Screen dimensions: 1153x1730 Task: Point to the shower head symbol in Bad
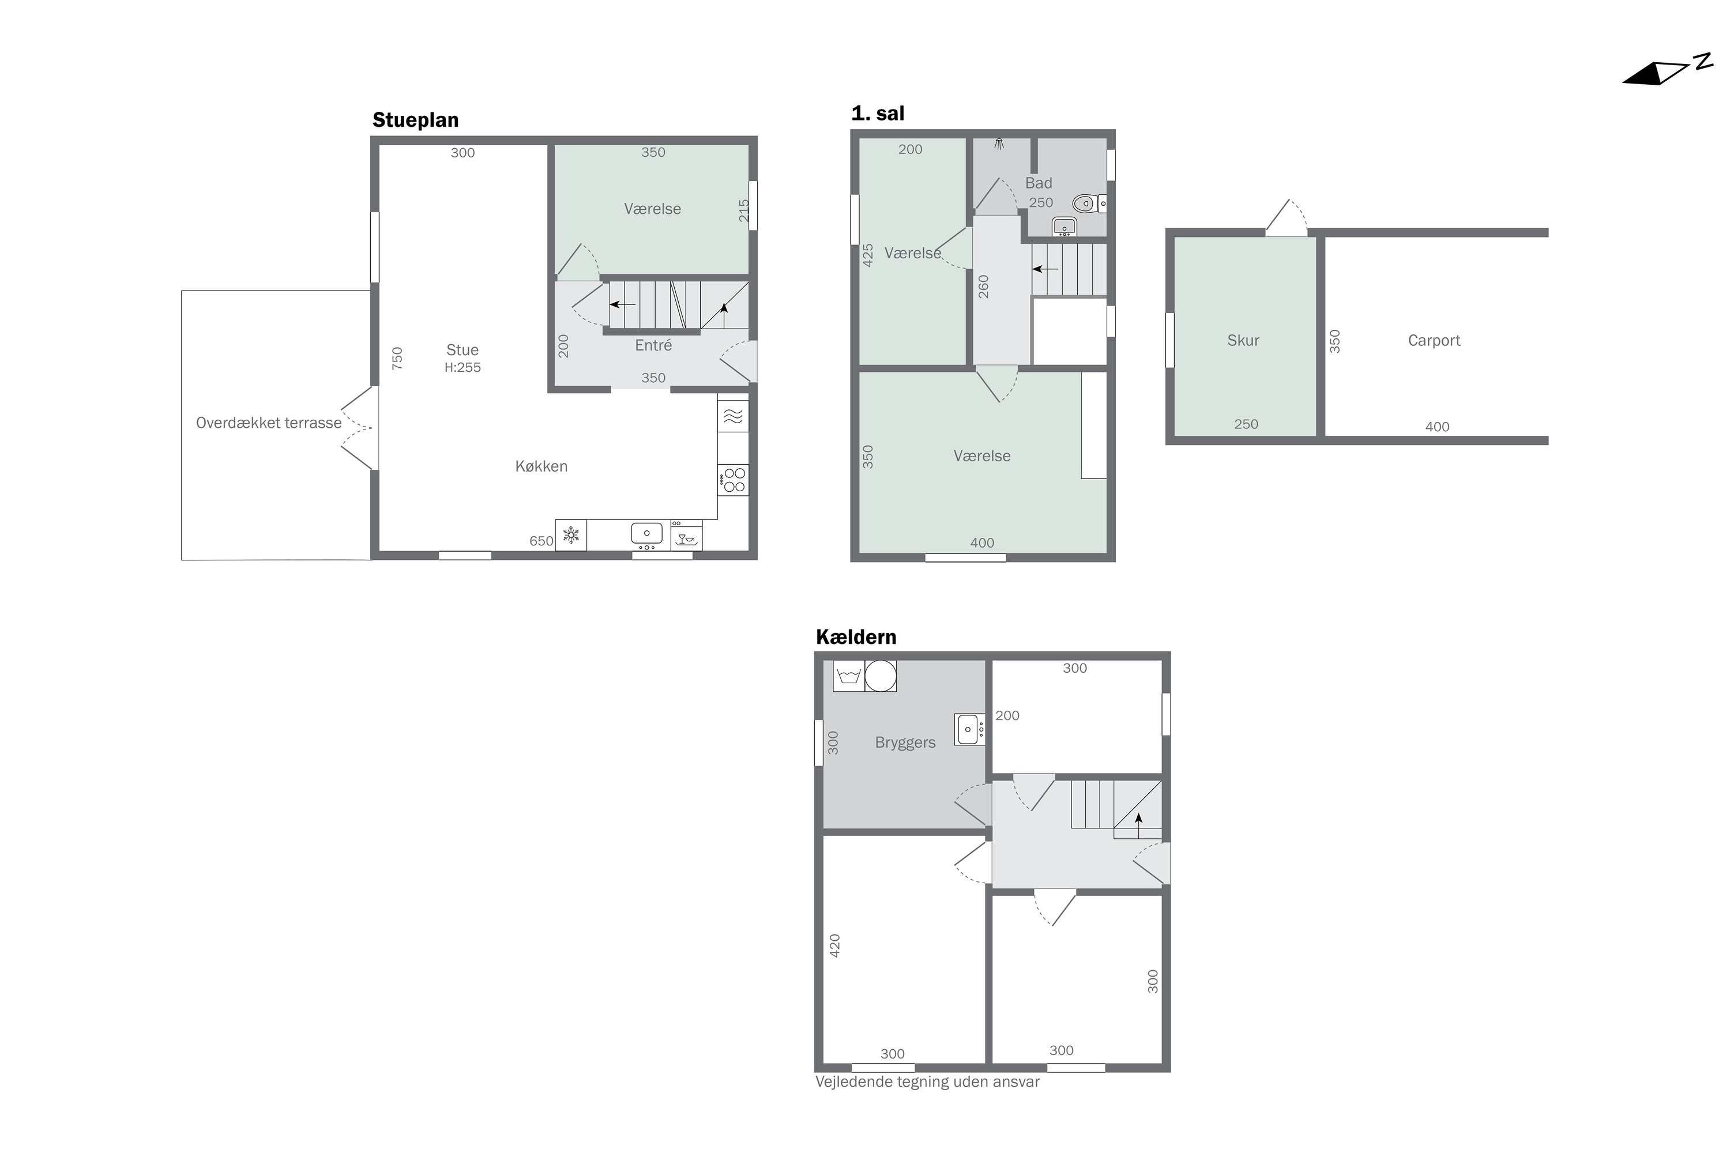tap(999, 144)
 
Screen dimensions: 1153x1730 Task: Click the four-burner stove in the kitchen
tap(734, 480)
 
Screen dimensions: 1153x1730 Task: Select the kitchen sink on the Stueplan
tap(646, 534)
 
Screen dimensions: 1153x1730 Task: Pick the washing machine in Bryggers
tap(848, 676)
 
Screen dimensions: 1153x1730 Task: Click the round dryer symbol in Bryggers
tap(880, 676)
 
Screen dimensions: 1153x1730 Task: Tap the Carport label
tap(1434, 341)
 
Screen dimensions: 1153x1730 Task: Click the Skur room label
tap(1243, 341)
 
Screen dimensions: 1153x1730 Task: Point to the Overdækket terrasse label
tap(269, 423)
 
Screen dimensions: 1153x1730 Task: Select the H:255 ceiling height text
tap(462, 368)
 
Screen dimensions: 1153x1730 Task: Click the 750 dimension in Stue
tap(397, 358)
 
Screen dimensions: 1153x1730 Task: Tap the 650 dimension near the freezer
tap(541, 541)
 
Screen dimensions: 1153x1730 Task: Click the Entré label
tap(653, 345)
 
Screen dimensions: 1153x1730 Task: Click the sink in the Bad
tap(1063, 226)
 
